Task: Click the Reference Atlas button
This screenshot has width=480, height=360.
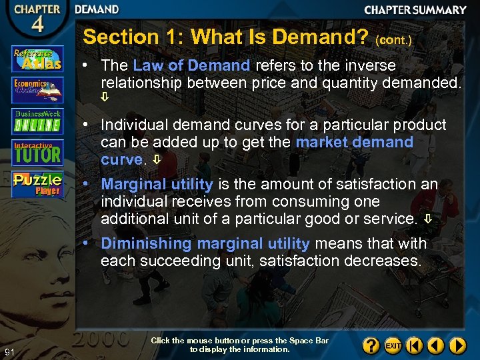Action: point(37,59)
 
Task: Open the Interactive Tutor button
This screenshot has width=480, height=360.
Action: point(37,151)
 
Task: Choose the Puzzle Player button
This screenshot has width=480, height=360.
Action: point(37,183)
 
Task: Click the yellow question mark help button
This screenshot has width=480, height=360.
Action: point(371,345)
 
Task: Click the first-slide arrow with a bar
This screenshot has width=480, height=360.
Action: point(414,345)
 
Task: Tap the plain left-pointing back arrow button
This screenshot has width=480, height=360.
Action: point(436,345)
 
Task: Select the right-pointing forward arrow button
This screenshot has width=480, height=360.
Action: point(457,345)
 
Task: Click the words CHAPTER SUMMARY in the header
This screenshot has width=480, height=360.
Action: point(415,10)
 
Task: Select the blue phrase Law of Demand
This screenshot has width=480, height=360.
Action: point(191,65)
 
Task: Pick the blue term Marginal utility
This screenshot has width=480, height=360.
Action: point(157,185)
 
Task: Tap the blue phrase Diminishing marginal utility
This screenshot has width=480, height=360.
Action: point(205,244)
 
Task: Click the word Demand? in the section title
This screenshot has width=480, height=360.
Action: point(321,37)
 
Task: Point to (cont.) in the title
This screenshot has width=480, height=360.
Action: point(394,40)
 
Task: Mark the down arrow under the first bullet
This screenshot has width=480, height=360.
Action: point(105,98)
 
